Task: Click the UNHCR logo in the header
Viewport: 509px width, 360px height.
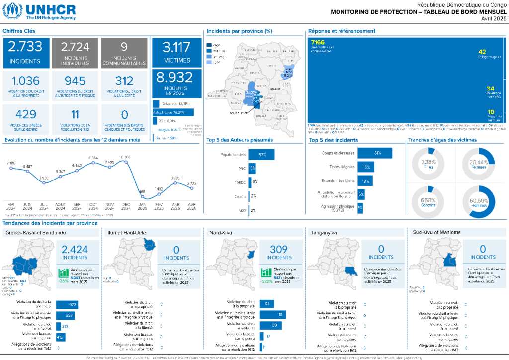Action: coord(39,11)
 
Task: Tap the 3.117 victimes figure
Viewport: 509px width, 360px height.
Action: coord(176,48)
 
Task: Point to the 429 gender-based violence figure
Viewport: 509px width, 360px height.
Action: coord(25,114)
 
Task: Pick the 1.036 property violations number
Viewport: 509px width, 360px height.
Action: coord(25,81)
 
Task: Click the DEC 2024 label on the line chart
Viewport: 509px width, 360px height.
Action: coord(126,206)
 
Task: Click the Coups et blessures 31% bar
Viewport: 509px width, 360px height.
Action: coord(375,153)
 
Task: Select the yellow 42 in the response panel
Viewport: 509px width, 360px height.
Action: coord(482,51)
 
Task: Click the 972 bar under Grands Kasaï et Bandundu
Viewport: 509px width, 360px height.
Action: coord(67,304)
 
